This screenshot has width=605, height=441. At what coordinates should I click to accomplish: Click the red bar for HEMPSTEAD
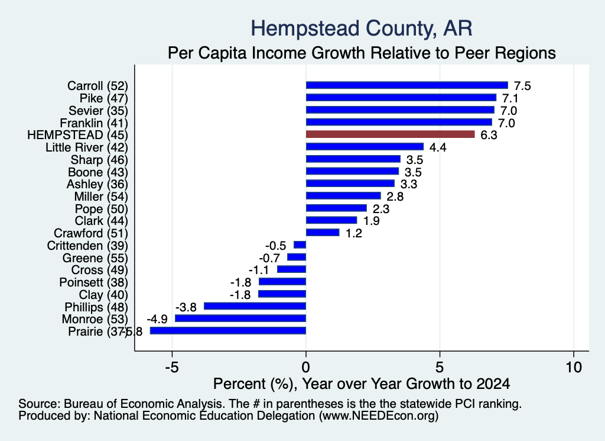(390, 134)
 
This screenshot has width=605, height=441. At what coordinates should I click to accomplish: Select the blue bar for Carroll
(406, 85)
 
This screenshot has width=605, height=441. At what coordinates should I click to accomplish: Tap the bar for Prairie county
(228, 331)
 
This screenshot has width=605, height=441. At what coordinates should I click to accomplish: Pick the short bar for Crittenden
(300, 244)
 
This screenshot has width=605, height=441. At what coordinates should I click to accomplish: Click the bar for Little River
(365, 146)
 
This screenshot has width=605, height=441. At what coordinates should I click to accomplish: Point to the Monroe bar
(240, 318)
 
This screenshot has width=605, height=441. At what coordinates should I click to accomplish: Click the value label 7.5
(522, 86)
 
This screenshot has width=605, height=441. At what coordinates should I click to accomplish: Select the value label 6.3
(489, 135)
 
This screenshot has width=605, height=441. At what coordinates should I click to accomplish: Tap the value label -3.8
(186, 307)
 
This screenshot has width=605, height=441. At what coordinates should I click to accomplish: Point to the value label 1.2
(353, 233)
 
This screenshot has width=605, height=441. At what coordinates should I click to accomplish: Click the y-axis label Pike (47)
(103, 98)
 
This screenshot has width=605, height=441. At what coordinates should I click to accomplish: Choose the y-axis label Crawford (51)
(90, 233)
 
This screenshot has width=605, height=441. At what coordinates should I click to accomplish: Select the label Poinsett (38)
(93, 282)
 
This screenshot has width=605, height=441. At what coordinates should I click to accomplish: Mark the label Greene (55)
(95, 258)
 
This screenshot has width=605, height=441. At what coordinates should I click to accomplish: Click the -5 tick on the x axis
(172, 367)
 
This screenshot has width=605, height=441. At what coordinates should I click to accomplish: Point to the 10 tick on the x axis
(574, 367)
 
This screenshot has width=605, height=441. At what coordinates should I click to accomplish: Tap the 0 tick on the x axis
(306, 367)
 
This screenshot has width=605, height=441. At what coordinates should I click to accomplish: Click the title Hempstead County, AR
(362, 28)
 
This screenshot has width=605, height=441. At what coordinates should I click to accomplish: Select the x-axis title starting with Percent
(362, 384)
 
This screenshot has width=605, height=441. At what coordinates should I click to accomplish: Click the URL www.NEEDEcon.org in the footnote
(378, 416)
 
